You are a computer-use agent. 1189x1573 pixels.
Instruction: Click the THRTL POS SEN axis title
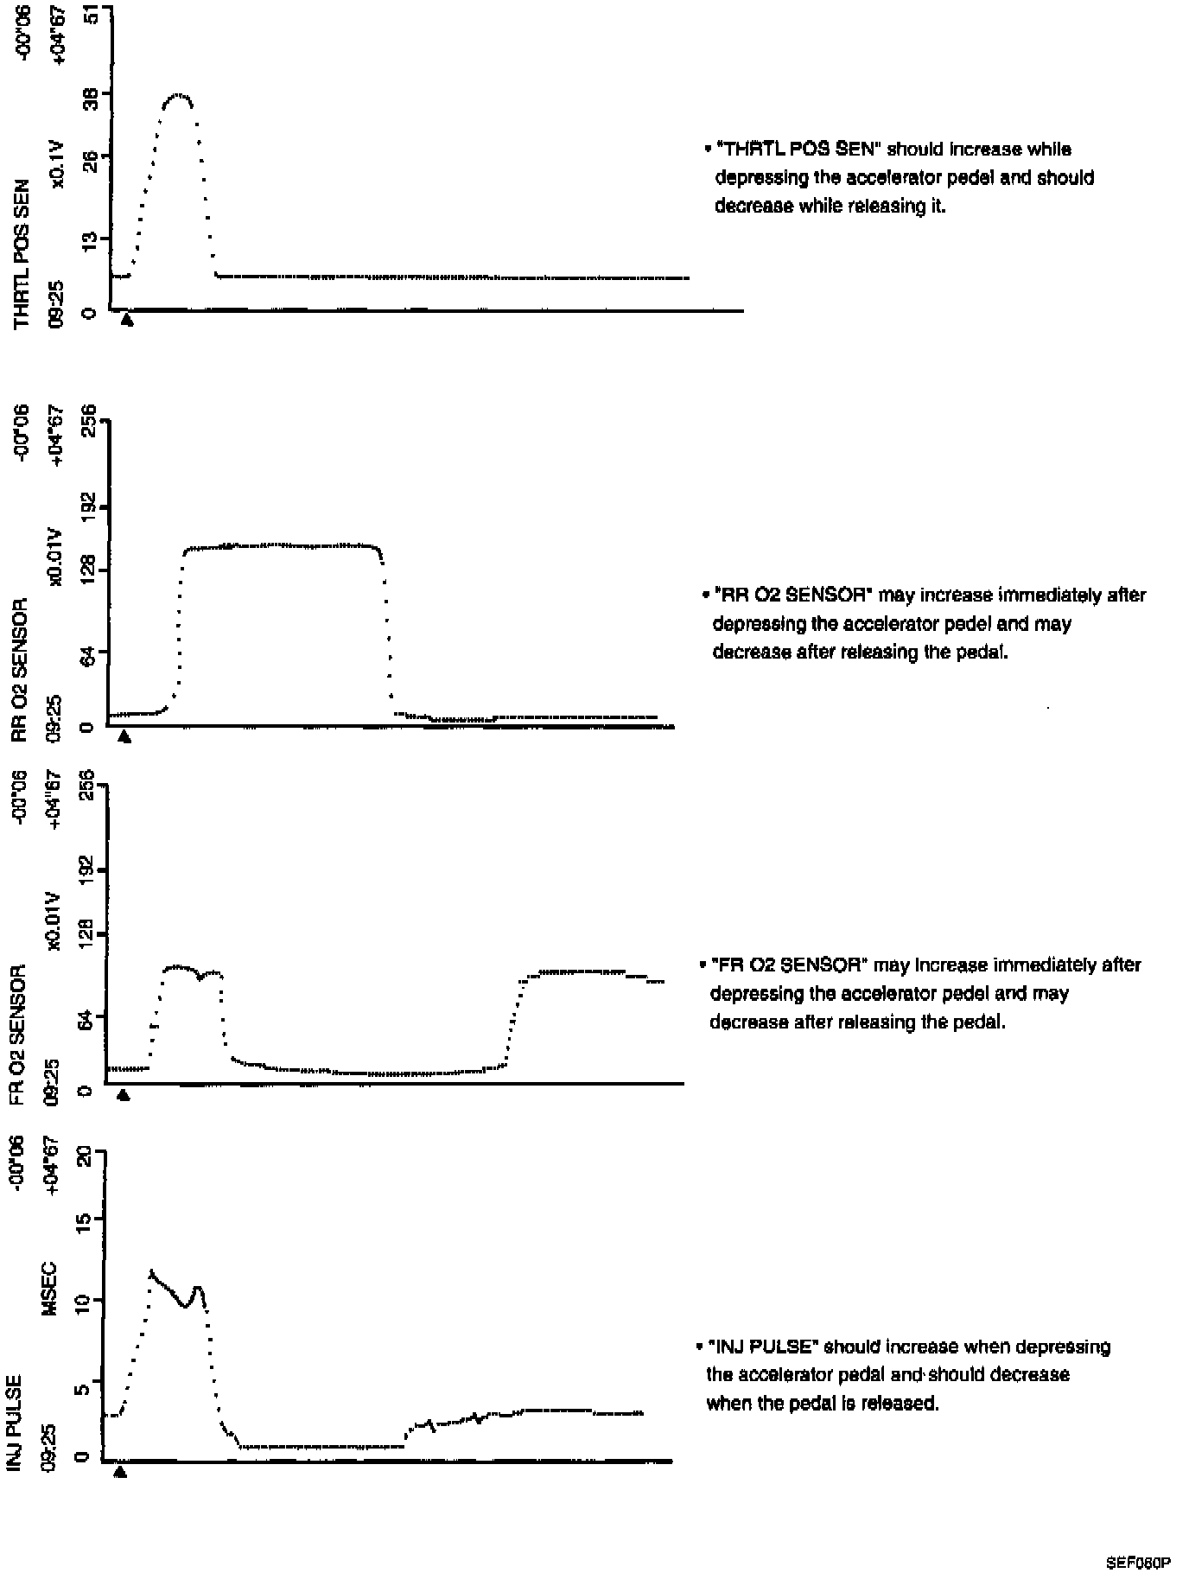(22, 253)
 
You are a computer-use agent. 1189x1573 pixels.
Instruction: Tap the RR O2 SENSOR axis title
(21, 668)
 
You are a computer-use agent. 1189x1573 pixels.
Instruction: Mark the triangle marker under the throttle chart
(127, 320)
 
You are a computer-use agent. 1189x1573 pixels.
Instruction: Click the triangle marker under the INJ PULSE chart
(120, 1472)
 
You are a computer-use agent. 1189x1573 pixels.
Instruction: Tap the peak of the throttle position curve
(179, 94)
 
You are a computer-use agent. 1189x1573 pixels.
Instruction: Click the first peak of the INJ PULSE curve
(152, 1271)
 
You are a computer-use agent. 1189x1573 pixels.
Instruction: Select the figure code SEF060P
(1137, 1562)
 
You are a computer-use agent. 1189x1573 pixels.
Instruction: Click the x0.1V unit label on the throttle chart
(57, 164)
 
